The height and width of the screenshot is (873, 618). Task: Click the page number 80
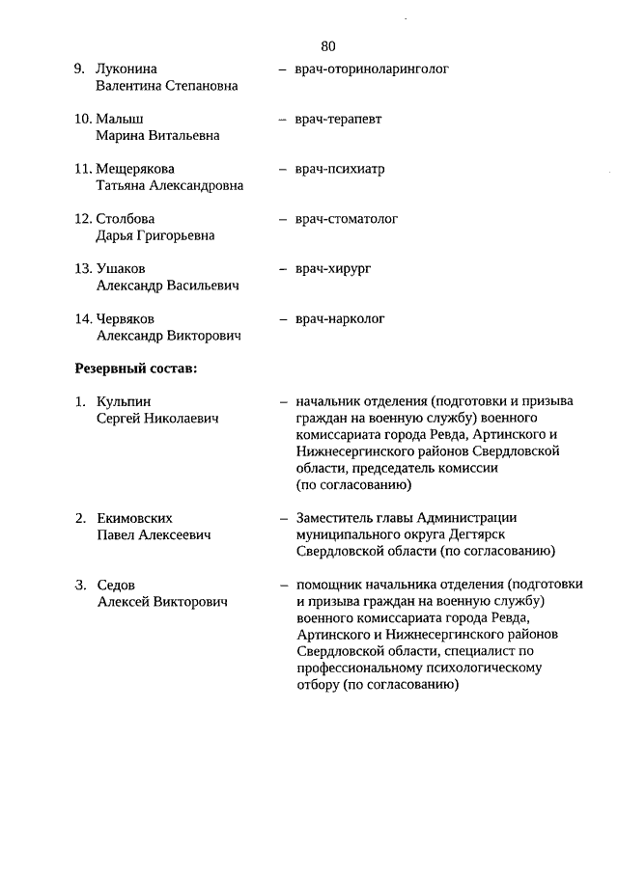coord(328,46)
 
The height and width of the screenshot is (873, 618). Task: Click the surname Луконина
coord(126,69)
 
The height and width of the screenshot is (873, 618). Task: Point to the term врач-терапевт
coord(338,120)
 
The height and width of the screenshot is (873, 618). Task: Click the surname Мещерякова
coord(135,169)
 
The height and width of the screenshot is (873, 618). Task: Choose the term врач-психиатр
coord(340,169)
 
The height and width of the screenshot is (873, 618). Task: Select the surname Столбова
coord(126,219)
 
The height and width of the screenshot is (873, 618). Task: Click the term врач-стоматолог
coord(347,219)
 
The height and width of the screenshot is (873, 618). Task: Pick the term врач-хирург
coord(333,269)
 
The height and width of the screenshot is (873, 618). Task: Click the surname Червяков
coord(126,318)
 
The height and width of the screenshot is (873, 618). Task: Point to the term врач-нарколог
coord(340,318)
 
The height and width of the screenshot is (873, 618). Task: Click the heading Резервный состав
coord(135,369)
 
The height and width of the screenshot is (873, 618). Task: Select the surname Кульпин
coord(124,402)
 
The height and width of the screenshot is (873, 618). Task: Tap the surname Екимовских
coord(135,518)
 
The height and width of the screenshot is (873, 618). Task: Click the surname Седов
coord(116,586)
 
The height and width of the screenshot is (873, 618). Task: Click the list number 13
coord(82,269)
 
